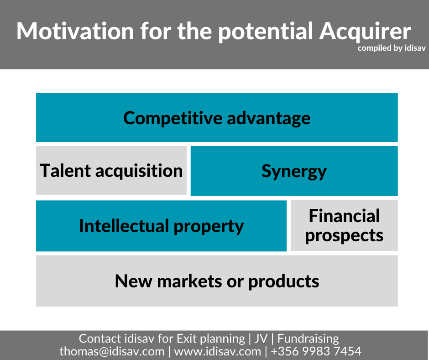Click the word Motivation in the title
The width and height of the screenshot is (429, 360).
[x=75, y=31]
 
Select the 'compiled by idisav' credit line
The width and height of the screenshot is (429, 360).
[x=392, y=48]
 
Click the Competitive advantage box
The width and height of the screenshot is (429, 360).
[x=217, y=117]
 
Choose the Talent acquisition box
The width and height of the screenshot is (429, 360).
[x=111, y=170]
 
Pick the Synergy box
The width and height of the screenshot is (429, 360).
[x=294, y=171]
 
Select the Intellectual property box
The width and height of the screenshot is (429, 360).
[x=162, y=226]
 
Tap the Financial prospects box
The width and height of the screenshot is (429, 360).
[x=344, y=226]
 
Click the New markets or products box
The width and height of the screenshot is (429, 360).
[x=217, y=281]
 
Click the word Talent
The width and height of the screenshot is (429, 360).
[x=65, y=170]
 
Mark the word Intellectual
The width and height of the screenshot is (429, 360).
[x=124, y=226]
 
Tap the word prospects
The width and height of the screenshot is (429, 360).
[x=344, y=236]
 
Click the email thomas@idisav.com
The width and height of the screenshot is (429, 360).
[x=112, y=351]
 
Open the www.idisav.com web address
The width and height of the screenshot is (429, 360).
[x=218, y=351]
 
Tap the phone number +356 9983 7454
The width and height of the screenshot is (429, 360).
[x=316, y=351]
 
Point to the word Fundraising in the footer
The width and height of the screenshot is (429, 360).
[x=308, y=339]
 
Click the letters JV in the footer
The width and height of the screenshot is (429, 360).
[x=261, y=339]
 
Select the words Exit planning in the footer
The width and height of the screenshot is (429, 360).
[x=211, y=339]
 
